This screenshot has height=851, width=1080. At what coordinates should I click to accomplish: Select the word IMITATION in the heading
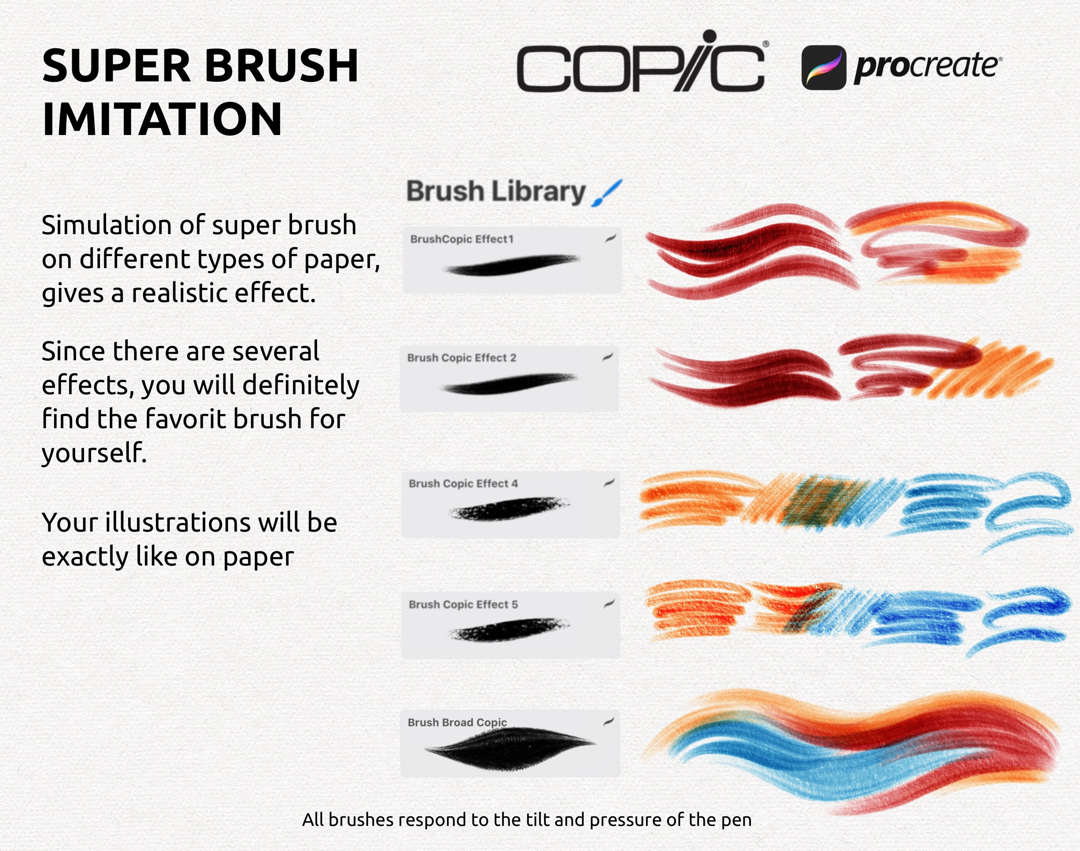(x=162, y=120)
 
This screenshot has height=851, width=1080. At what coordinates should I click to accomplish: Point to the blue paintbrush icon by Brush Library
(x=606, y=193)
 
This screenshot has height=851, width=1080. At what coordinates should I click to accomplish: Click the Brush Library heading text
(x=496, y=192)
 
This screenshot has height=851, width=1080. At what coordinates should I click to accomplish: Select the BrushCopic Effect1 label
(x=462, y=239)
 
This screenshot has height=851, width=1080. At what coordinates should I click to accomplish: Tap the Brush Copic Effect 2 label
(x=462, y=358)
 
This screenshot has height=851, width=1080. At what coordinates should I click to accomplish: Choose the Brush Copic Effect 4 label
(x=463, y=483)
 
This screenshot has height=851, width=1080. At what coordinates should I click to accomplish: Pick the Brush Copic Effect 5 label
(x=463, y=604)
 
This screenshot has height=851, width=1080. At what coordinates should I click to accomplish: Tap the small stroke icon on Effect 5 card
(x=609, y=604)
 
